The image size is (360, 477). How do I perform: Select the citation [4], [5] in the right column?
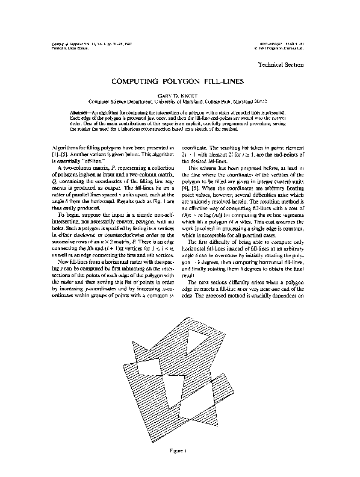[x=189, y=185]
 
